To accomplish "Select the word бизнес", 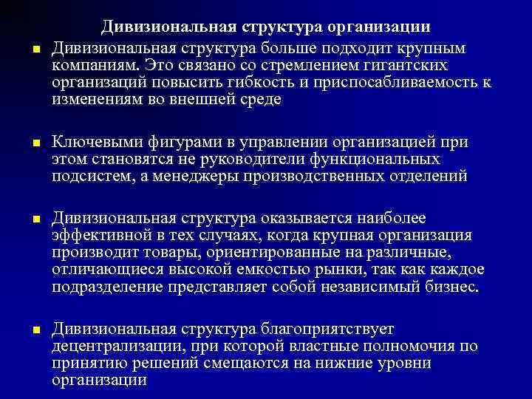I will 450,286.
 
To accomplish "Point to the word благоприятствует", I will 327,329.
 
